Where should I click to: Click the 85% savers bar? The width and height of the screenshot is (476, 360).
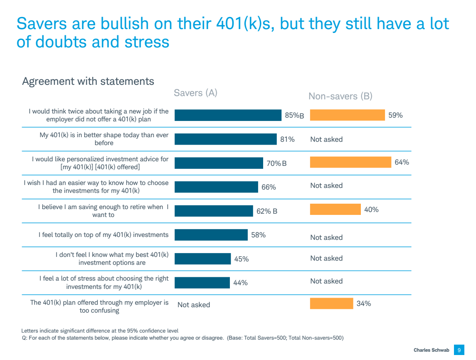pyautogui.click(x=228, y=115)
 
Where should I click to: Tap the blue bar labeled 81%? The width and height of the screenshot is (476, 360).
pyautogui.click(x=225, y=139)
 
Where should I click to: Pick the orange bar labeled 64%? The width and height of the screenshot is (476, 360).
pyautogui.click(x=350, y=163)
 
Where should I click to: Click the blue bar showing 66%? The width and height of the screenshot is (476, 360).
pyautogui.click(x=216, y=187)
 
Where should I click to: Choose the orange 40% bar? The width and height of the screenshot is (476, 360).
pyautogui.click(x=335, y=210)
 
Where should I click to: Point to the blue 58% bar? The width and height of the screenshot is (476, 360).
pyautogui.click(x=211, y=235)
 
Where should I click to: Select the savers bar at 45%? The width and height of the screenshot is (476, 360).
pyautogui.click(x=202, y=259)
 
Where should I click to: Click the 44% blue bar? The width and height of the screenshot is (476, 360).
pyautogui.click(x=202, y=283)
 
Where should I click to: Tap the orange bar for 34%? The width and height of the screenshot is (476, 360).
pyautogui.click(x=331, y=303)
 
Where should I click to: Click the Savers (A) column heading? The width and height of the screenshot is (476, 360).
pyautogui.click(x=195, y=93)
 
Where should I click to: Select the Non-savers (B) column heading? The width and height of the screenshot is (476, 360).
pyautogui.click(x=340, y=96)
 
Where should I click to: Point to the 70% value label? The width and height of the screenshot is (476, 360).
pyautogui.click(x=274, y=163)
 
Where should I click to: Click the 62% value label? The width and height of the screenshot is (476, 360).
pyautogui.click(x=264, y=211)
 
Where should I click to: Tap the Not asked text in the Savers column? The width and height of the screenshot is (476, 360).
pyautogui.click(x=194, y=305)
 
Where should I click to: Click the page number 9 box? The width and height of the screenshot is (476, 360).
pyautogui.click(x=459, y=350)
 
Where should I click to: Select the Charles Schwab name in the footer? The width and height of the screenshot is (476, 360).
pyautogui.click(x=431, y=350)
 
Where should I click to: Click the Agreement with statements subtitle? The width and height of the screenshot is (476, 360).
pyautogui.click(x=88, y=81)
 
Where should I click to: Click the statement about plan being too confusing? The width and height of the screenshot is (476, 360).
pyautogui.click(x=99, y=306)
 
